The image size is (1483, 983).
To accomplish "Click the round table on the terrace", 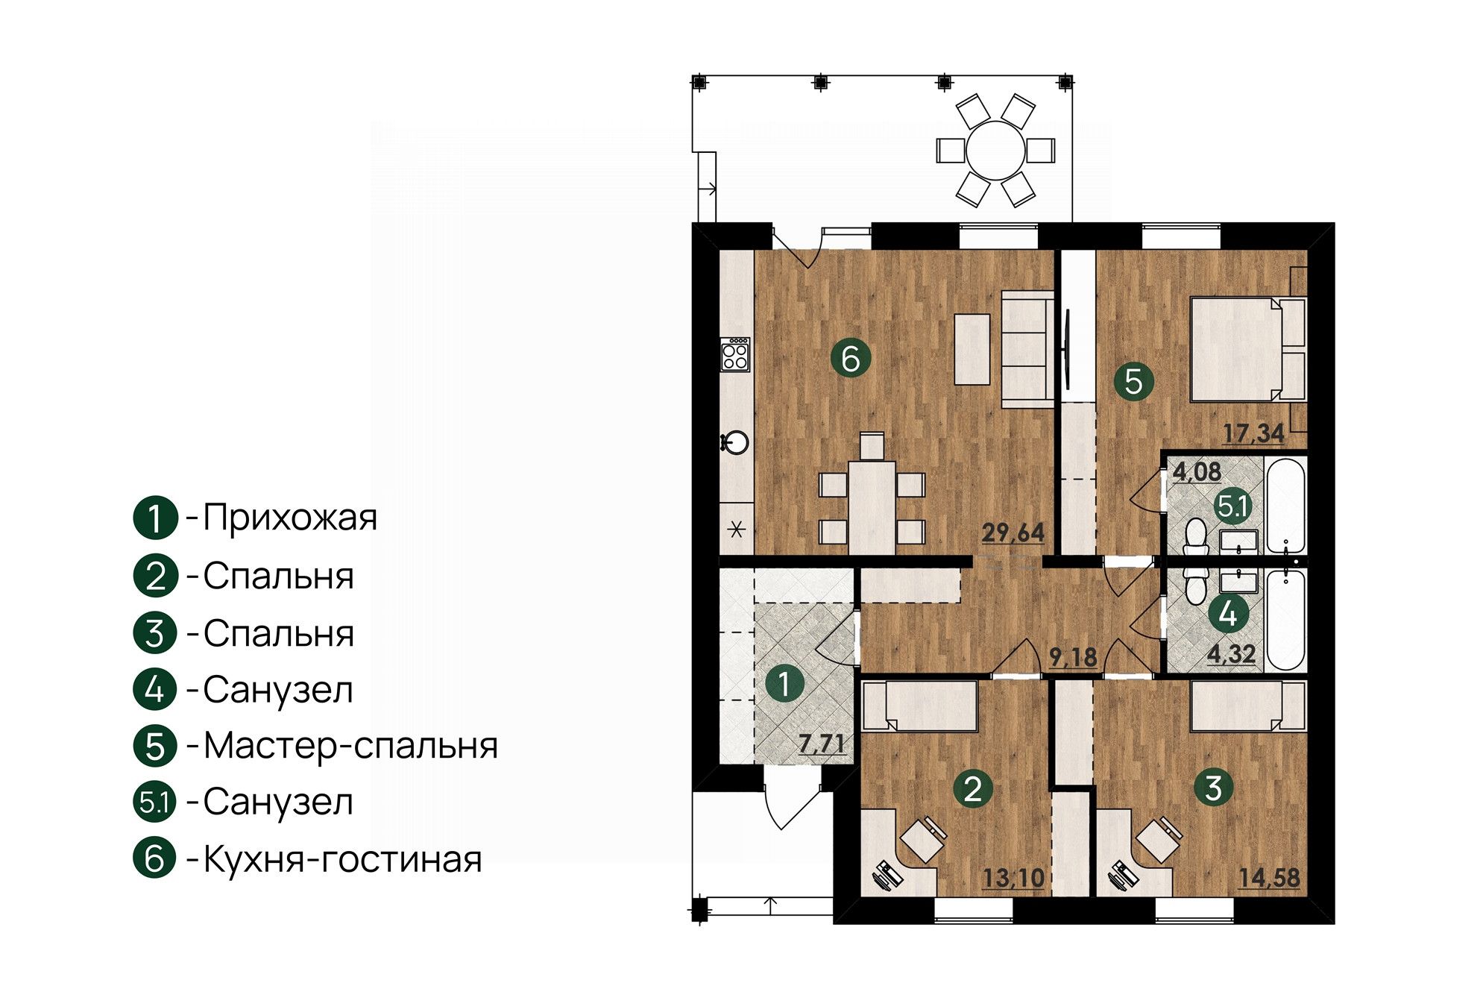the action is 995,149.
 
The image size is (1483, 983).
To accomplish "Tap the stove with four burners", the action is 212,354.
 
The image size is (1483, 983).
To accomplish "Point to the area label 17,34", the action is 1253,433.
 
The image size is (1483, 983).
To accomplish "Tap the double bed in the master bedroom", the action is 1247,349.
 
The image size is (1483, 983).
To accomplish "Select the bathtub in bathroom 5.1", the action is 1286,506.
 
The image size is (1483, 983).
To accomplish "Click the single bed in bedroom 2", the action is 919,706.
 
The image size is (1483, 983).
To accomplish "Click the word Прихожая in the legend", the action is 290,517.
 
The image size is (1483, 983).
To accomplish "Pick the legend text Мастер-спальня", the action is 350,745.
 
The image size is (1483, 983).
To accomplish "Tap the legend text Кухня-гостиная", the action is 342,859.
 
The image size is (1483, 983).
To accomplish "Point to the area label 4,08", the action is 1197,472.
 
